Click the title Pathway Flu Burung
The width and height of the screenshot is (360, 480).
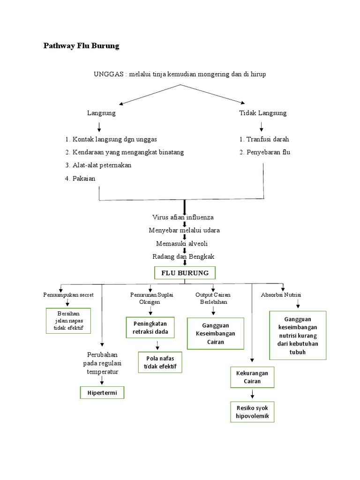tap(82, 46)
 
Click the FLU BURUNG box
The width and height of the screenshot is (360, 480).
tap(185, 273)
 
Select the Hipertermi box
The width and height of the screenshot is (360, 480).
tap(102, 392)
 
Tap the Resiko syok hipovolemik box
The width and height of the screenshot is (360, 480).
tap(253, 412)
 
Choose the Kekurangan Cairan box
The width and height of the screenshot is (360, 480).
tap(252, 378)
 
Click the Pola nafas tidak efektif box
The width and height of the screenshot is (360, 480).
tap(160, 362)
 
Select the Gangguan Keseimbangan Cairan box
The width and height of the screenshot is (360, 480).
tap(216, 333)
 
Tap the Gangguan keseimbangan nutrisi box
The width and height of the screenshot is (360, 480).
tap(298, 335)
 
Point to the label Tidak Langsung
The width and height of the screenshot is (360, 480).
tap(262, 113)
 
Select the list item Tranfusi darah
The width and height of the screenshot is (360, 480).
tap(264, 139)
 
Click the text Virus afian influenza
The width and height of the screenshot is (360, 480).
tap(183, 217)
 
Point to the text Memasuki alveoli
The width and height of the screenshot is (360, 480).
tap(182, 243)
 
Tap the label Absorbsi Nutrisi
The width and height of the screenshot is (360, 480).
tap(281, 294)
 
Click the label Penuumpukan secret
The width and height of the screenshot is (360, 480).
tap(68, 294)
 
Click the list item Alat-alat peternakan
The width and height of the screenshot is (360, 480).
tap(98, 165)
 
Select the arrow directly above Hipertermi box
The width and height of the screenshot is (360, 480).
tap(102, 381)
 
